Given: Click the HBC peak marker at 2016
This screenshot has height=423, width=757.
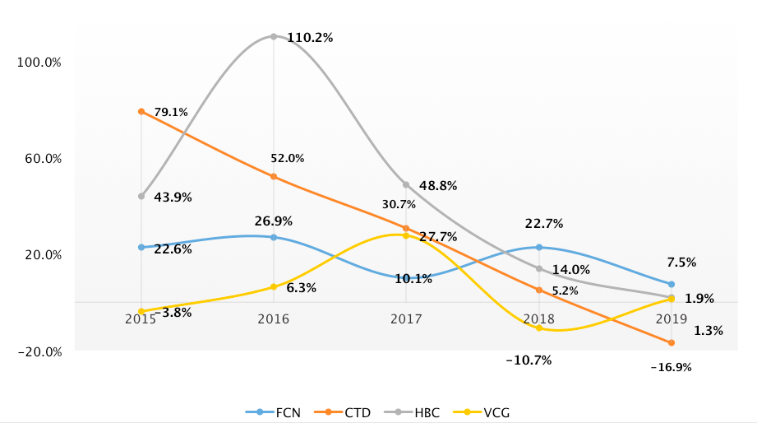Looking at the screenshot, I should point(274,36).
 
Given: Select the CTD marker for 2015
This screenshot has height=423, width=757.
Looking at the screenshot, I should point(141,111).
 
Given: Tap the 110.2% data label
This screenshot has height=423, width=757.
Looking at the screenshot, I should point(310,38).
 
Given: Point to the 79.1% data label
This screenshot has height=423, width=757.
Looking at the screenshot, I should point(171,112).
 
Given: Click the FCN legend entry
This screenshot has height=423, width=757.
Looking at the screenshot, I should point(273,411).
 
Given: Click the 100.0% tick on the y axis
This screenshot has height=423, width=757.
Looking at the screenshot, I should point(40,63).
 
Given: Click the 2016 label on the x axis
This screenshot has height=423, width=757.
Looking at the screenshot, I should point(274,319).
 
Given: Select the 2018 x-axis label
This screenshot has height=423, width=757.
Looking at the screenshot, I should point(538,319).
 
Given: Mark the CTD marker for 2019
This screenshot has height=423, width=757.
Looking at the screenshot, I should point(672,342).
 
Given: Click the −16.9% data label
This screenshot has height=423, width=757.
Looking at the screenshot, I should point(671,368).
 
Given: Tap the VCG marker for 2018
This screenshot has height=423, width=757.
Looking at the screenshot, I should point(539,328).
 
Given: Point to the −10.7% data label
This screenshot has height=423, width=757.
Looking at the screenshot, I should point(529,360).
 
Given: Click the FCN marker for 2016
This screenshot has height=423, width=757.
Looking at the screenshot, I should point(274,237).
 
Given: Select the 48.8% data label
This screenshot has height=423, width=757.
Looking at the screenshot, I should point(438,186).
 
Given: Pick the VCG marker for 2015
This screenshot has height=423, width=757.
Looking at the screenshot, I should point(141,311).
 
